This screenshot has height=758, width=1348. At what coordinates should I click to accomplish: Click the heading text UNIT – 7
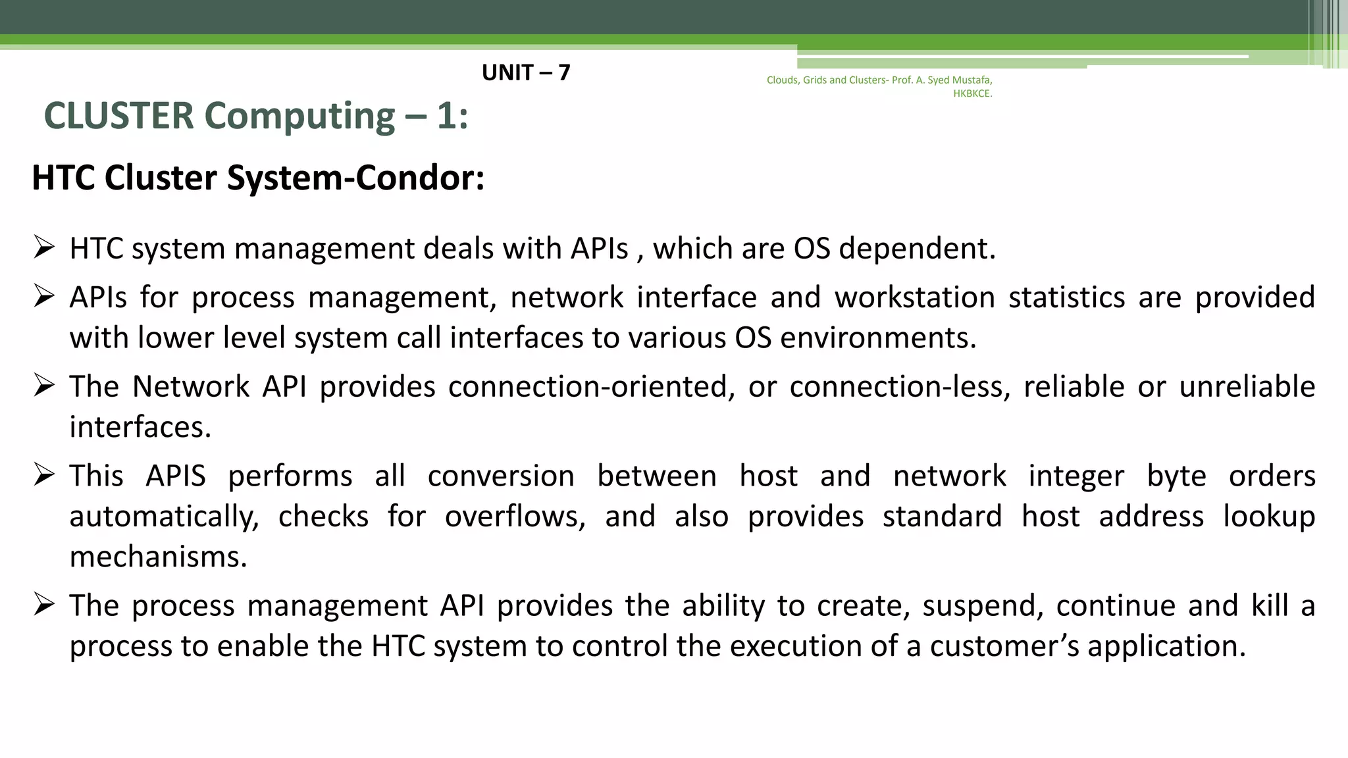point(526,72)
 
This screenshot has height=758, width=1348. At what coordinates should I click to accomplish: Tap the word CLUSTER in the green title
point(119,116)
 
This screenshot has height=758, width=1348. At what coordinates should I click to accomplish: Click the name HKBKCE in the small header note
point(972,93)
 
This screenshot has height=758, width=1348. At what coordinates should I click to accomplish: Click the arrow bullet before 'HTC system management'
point(44,248)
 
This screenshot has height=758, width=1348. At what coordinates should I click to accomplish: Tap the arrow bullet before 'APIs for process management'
point(44,297)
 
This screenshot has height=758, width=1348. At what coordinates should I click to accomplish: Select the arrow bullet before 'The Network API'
point(44,386)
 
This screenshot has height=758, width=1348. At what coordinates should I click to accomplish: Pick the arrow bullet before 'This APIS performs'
point(44,475)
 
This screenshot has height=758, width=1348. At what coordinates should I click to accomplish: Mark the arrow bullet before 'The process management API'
point(44,605)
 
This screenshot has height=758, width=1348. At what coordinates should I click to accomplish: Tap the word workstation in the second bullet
point(914,297)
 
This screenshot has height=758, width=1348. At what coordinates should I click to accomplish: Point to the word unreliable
point(1247,386)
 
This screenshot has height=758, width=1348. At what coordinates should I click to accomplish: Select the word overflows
point(515,517)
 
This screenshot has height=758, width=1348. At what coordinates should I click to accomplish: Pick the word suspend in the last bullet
point(983,605)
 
